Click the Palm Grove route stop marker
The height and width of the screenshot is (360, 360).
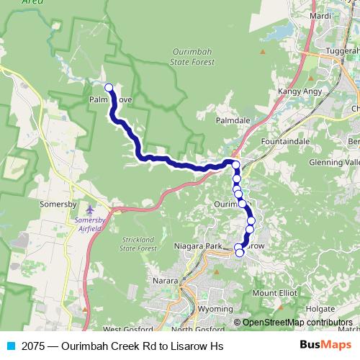pos(109,88)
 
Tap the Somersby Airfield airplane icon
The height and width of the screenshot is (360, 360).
pos(89,210)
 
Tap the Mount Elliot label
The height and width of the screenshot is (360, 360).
pos(273,293)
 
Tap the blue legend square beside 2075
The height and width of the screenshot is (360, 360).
pos(10,346)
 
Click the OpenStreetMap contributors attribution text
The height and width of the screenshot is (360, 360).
pos(298,323)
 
